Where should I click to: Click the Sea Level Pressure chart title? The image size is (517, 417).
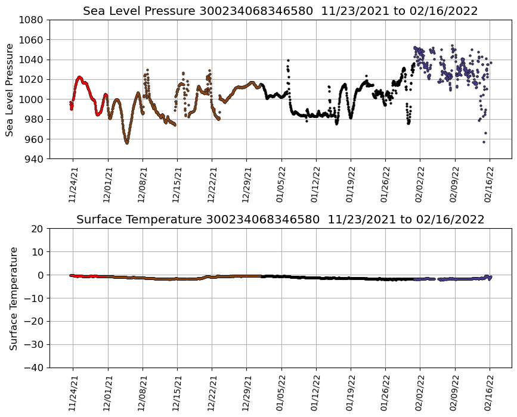point(280,11)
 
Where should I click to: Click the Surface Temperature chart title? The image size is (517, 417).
point(280,220)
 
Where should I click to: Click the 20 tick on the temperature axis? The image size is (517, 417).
point(39,229)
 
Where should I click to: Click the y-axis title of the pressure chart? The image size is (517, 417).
point(10,89)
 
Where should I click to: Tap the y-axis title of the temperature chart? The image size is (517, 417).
point(13,298)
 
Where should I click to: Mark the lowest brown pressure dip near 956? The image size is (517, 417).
point(126,143)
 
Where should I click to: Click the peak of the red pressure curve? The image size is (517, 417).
point(79,77)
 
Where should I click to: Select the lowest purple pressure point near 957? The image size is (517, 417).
point(484,142)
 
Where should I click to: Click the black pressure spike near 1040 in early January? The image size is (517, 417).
point(288,60)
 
